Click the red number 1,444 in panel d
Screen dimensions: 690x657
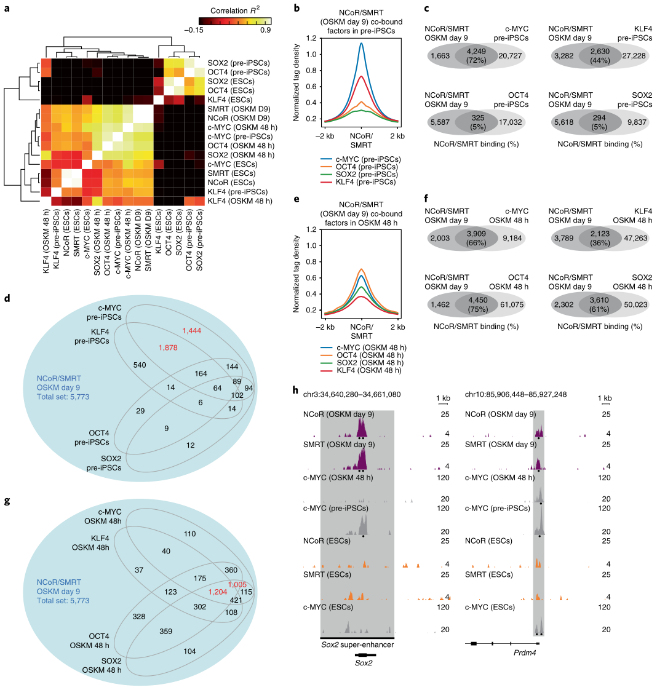192,331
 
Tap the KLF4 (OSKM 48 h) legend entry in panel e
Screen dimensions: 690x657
371,370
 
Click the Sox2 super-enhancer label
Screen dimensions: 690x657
357,644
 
